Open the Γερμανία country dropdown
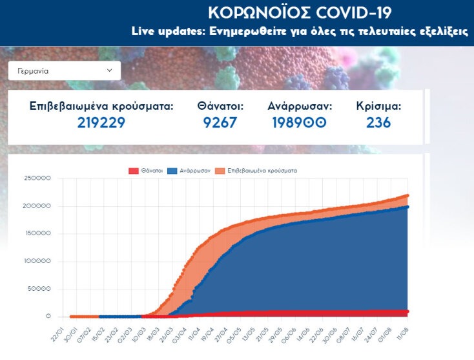point(64,70)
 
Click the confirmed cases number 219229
point(101,123)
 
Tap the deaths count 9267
point(220,123)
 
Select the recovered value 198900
point(299,123)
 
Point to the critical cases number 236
point(378,123)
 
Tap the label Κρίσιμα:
point(378,106)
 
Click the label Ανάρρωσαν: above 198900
point(300,106)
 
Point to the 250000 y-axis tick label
point(37,178)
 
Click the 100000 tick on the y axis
point(37,261)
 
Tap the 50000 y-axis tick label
point(39,289)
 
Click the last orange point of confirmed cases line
point(407,195)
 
